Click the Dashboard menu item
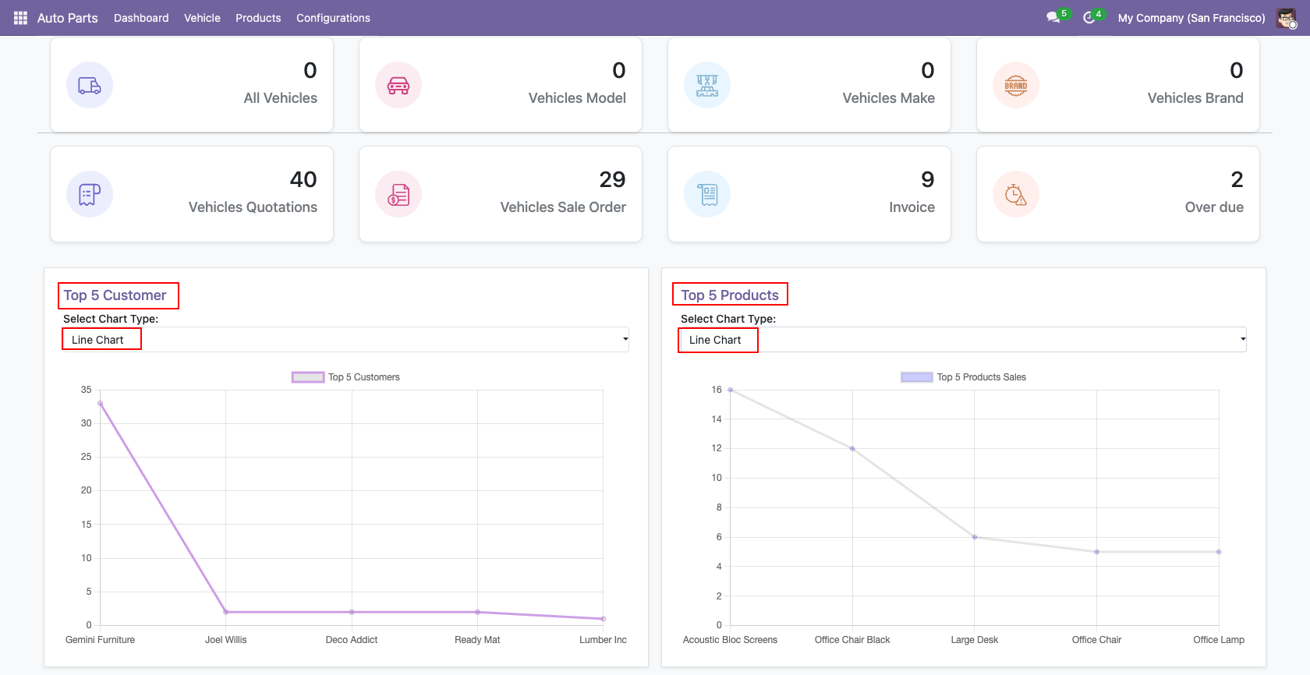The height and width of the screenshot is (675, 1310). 141,18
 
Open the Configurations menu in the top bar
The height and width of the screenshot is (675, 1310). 333,18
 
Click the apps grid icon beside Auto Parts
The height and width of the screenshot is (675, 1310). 20,18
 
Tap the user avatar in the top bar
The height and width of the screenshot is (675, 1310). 1286,18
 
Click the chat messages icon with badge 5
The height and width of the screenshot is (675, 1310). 1053,17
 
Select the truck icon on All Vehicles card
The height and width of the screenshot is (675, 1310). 90,85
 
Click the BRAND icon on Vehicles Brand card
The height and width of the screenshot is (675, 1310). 1016,85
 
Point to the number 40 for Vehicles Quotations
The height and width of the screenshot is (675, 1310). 303,179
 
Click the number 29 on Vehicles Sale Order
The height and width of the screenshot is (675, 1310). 612,179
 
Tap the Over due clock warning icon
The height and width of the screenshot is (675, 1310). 1016,195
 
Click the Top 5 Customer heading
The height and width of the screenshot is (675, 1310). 115,295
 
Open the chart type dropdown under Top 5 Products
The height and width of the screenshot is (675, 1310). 962,340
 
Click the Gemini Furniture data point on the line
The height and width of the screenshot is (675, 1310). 100,403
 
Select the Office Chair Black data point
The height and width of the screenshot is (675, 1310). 852,449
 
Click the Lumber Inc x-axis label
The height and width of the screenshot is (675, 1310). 603,640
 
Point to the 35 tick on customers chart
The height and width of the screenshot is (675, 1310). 86,390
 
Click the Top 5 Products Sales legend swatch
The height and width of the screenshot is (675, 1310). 916,377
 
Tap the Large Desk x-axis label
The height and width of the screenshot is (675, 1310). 975,640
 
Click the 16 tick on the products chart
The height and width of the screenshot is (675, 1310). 717,390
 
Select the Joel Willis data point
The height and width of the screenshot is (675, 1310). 226,612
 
